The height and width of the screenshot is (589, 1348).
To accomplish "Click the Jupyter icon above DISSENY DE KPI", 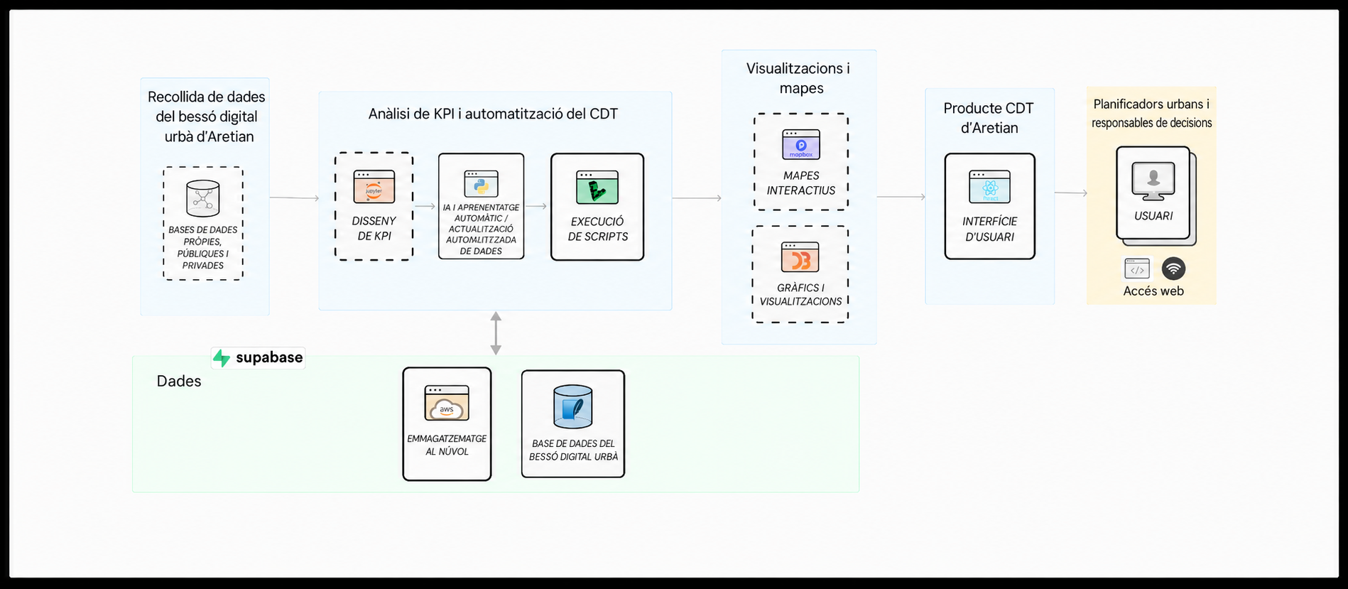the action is [x=374, y=187].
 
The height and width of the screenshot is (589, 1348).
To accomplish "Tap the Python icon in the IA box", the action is [x=481, y=184].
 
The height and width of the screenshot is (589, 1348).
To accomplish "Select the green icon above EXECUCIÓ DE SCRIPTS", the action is [x=597, y=188].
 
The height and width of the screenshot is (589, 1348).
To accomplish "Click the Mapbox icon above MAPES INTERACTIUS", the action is [x=801, y=144].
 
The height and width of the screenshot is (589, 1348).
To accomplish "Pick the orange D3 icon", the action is [x=800, y=257].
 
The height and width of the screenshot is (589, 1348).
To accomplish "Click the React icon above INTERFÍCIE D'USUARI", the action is [x=990, y=187].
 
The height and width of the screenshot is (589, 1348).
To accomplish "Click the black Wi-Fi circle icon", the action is [x=1173, y=269].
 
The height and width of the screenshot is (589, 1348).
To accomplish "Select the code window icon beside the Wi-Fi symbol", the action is [x=1137, y=269].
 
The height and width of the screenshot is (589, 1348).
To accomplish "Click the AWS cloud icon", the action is [x=447, y=403].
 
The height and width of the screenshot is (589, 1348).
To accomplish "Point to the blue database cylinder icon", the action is [x=572, y=406].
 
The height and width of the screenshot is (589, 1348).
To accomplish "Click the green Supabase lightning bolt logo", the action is [x=222, y=358].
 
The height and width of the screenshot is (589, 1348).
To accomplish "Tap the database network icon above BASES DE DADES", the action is [x=203, y=198].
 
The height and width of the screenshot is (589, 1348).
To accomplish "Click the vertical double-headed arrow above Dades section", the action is [x=496, y=333].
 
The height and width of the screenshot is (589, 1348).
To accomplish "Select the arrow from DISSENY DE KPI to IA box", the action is [x=425, y=206].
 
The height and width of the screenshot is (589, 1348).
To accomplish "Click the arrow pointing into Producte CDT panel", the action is [x=901, y=197].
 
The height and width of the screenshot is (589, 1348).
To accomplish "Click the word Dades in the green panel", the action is [x=179, y=381].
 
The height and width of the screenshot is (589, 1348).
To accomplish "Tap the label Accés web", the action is [x=1153, y=291].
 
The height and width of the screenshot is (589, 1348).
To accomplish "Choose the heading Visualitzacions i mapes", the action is [x=798, y=78].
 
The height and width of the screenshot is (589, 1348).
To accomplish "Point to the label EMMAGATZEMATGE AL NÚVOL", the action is [x=447, y=445].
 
